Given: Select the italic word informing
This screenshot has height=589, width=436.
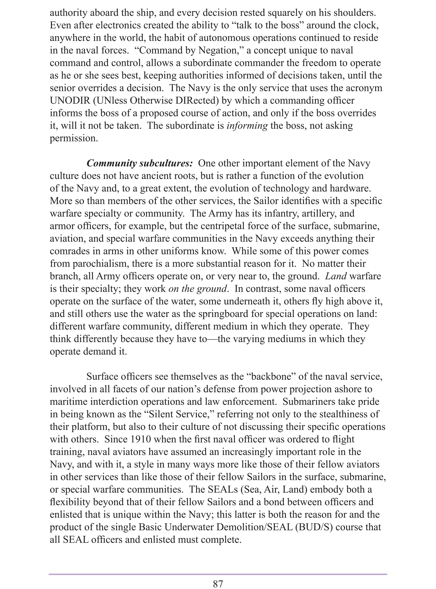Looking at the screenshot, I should point(247,126).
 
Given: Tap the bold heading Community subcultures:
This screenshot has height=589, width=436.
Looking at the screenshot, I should point(140,163).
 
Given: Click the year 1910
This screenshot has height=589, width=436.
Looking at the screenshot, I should point(141,439).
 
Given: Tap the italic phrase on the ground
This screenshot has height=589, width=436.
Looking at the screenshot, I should point(197,289).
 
